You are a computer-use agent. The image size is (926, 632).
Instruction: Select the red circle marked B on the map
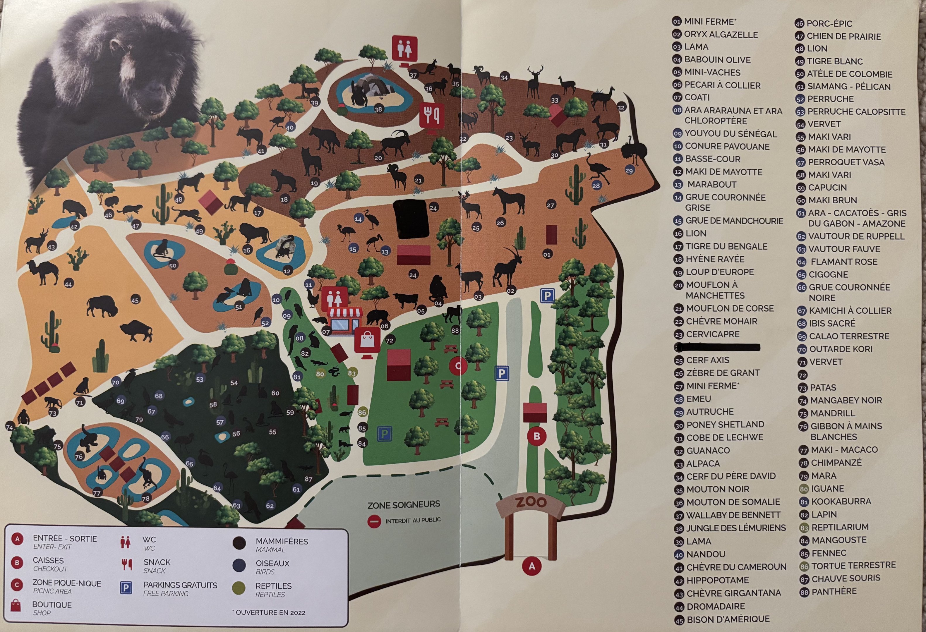pos(536,436)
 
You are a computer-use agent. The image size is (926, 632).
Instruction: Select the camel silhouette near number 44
pos(43,272)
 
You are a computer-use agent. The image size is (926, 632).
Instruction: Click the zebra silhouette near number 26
pos(509,200)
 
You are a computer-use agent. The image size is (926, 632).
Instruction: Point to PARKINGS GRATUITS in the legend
pos(180,585)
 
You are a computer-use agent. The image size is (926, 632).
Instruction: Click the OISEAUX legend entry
pos(272,564)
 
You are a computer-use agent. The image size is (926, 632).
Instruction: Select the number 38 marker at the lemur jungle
pos(378,109)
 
